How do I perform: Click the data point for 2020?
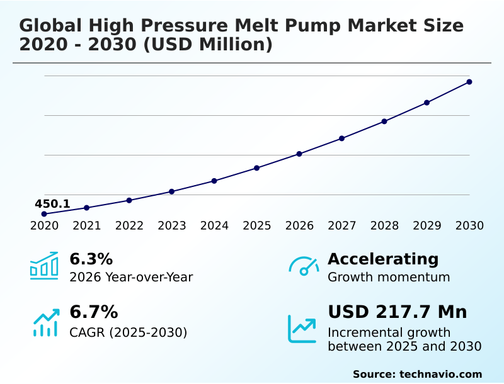point(44,214)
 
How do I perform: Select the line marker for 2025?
point(257,168)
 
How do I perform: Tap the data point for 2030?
point(469,82)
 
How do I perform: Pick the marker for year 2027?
point(342,138)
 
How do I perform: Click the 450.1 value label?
point(52,204)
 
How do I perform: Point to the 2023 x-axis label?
point(172,226)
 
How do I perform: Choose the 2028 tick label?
point(384,226)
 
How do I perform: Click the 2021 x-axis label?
point(87,226)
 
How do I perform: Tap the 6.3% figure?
point(91,259)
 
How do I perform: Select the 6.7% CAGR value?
point(93,312)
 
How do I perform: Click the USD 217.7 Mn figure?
point(398,312)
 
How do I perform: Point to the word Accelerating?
point(383,259)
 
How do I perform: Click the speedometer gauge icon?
point(304,266)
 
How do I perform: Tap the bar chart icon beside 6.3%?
point(44,266)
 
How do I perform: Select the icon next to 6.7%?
point(45,322)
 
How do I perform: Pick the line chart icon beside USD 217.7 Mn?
point(302,328)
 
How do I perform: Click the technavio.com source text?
point(440,374)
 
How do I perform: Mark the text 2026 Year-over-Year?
point(131,277)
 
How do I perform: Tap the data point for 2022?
point(129,200)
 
